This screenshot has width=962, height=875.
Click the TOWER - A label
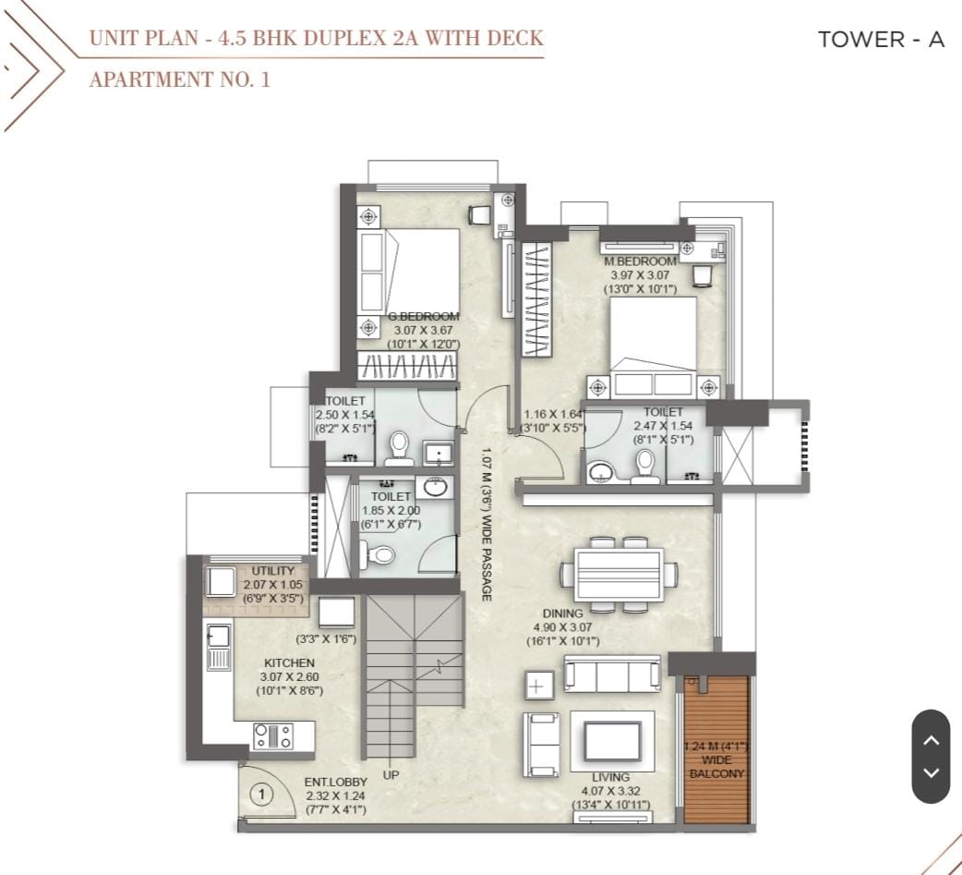tap(881, 40)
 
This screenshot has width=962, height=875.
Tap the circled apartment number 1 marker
tap(262, 796)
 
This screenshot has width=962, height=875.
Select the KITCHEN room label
tap(289, 663)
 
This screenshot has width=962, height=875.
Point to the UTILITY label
tap(273, 571)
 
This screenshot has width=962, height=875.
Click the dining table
tap(619, 576)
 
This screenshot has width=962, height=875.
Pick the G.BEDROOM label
tap(424, 317)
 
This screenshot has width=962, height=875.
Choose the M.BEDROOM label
tap(640, 261)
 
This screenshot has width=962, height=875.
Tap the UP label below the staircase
tap(391, 775)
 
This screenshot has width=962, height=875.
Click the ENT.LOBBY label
tap(336, 783)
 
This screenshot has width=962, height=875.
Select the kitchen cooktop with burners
tap(273, 736)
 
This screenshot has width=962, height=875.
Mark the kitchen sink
tap(219, 646)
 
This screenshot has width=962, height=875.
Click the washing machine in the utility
tap(220, 581)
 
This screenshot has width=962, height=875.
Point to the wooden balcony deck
tap(716, 749)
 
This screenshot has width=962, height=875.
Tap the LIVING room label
tap(610, 777)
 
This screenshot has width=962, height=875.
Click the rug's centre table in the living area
tap(612, 741)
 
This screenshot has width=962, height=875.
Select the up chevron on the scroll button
tap(932, 740)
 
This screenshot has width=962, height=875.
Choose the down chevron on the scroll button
tap(932, 772)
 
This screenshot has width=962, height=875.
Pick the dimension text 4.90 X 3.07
tap(562, 627)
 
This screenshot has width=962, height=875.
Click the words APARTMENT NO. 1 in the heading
tap(180, 79)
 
